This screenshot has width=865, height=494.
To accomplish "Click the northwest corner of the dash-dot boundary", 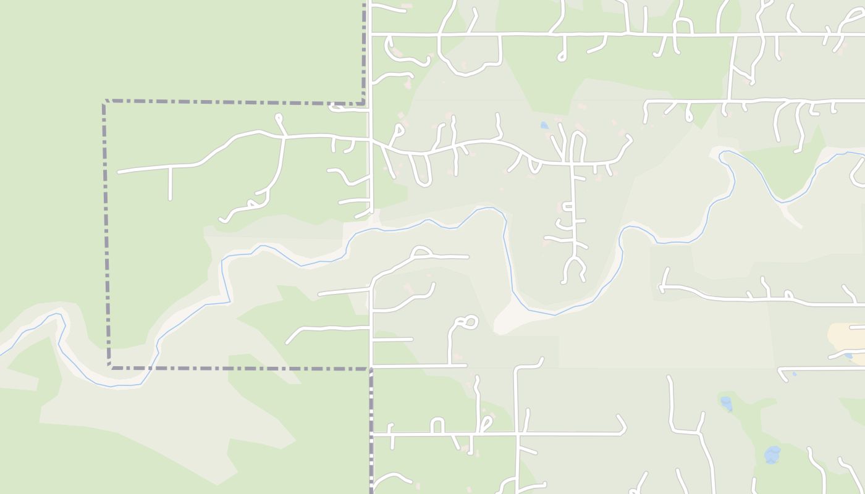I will coord(104,101).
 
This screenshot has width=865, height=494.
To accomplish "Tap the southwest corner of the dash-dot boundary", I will coord(109,367).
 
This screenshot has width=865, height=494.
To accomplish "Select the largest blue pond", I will coord(772,455).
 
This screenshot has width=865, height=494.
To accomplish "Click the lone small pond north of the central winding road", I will coord(544,125).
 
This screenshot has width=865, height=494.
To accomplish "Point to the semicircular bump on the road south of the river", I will coord(421,251).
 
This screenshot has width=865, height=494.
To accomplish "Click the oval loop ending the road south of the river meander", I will coord(467,322).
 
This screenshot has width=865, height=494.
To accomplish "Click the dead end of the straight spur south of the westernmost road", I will coord(170,199).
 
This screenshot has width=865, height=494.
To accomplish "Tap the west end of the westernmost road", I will coord(119,172).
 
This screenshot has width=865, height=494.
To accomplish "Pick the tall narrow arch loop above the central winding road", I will coord(578,145).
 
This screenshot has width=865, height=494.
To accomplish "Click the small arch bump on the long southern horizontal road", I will coord(437,425).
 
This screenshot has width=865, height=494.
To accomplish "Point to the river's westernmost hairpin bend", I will coord(60,316).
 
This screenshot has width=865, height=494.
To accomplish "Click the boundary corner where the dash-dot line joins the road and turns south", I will coord(371,369).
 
